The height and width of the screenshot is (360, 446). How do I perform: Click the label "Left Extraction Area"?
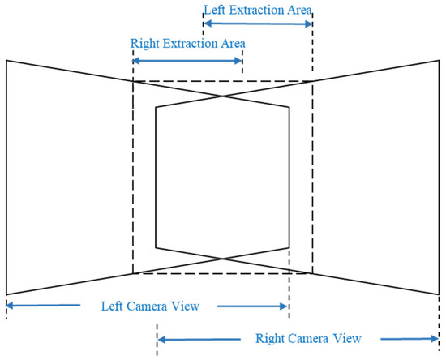pos(257,9)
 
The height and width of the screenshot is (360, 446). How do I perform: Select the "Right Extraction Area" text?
pos(187,42)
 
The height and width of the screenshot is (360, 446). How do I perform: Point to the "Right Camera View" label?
pos(307,338)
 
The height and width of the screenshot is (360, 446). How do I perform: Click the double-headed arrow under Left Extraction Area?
pos(257,24)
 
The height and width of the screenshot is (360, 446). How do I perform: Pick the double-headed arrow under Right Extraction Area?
pos(187,61)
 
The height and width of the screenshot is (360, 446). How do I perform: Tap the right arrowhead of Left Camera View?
pos(284,306)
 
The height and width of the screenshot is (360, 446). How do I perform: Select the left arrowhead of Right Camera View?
pos(161,338)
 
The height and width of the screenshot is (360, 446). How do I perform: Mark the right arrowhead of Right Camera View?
pos(435,338)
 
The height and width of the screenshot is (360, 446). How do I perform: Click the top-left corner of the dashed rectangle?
pos(133,80)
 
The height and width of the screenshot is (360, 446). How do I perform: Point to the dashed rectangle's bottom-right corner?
pos(312,273)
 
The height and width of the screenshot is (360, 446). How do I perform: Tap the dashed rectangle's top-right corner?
pos(312,80)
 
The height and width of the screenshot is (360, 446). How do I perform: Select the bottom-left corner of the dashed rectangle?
pos(133,273)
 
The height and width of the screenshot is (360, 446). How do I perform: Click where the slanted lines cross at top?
pos(222,96)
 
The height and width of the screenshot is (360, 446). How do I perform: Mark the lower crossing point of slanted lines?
pos(222,259)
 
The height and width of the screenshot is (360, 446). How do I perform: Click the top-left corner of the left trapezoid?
pos(6,60)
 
